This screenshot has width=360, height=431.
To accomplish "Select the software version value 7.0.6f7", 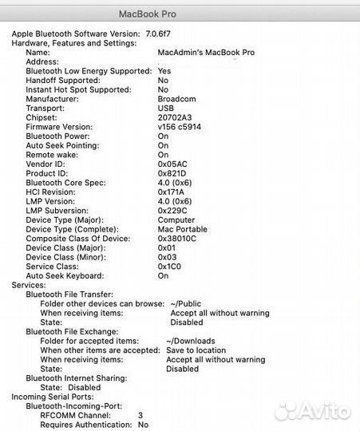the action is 162,34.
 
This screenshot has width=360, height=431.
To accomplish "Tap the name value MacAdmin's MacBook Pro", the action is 207,52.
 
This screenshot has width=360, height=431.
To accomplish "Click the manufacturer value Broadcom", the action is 176,99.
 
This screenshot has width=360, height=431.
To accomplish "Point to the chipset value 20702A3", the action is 174,117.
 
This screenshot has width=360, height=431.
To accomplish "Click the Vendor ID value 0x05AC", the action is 172,164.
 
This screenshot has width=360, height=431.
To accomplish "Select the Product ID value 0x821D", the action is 172,173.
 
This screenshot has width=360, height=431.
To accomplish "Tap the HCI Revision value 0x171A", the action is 171,192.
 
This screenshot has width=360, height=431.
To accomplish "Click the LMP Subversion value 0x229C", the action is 172,211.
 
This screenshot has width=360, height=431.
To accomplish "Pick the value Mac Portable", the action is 183,229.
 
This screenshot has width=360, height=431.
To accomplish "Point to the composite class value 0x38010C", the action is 176,239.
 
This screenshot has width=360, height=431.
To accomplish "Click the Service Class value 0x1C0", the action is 170,267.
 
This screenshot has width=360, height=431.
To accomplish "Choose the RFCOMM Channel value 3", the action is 140,416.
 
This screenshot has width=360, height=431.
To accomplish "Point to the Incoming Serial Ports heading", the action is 52,397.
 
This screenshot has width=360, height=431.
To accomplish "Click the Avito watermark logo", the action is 312,412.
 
